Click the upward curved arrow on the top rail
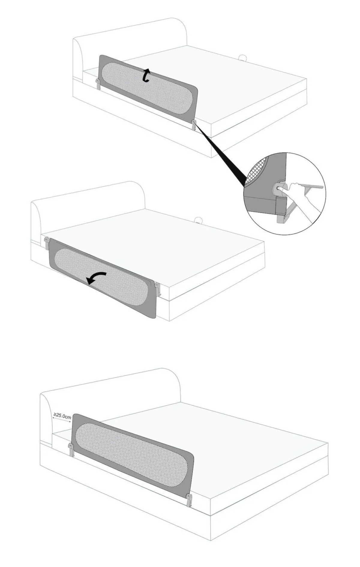click(146, 75)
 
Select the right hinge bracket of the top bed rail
click(194, 125)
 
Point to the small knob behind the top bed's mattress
click(243, 57)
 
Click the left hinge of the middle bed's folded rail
click(47, 243)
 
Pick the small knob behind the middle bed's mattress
click(198, 221)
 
